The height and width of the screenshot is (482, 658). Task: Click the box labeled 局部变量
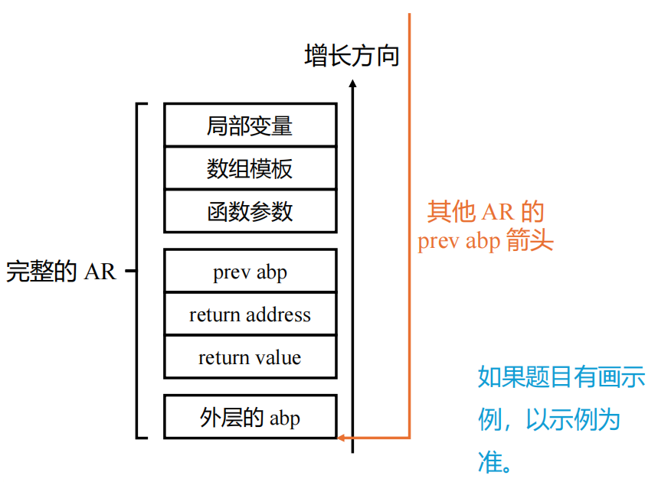coord(250,125)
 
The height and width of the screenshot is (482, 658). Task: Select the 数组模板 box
coord(250,168)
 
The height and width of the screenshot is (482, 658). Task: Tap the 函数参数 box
coord(250,211)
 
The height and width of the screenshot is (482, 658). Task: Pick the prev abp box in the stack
coord(250,271)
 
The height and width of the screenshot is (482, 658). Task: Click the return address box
coord(250,314)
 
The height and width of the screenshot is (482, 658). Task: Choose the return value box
coord(250,357)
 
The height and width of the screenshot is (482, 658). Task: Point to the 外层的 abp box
coord(250,417)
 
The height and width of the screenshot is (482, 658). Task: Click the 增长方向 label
coord(352,55)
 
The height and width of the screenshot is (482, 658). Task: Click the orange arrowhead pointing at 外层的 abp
coord(342,438)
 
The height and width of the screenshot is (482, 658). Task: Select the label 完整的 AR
coord(61,271)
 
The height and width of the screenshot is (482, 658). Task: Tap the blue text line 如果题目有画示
coord(561,377)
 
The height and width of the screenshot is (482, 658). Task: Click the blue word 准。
coord(496,462)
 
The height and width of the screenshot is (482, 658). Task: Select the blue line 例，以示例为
coord(548,419)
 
